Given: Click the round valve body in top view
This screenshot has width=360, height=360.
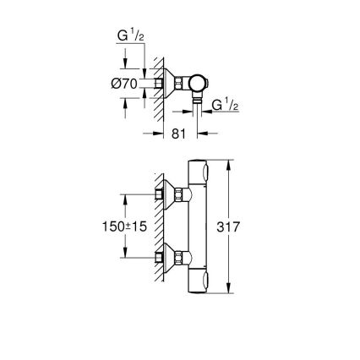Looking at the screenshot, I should [x=196, y=84].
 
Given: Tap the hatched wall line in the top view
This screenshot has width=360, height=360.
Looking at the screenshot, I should [x=150, y=84].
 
